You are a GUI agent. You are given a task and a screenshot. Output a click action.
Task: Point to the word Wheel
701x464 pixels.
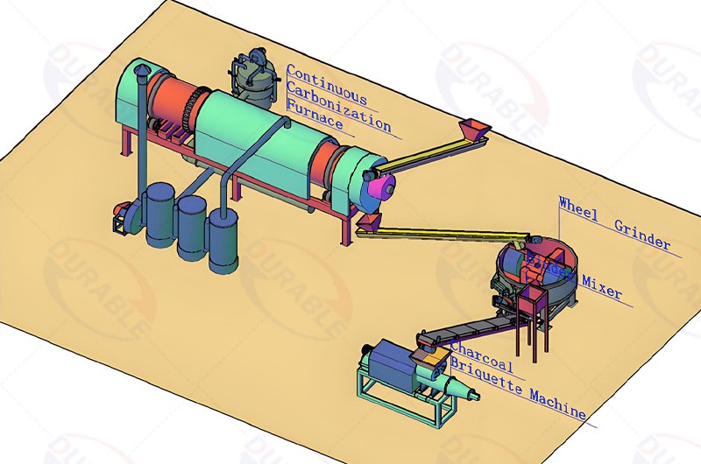click(580, 206)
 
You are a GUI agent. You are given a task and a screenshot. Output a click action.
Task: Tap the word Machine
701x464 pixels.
click(557, 402)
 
